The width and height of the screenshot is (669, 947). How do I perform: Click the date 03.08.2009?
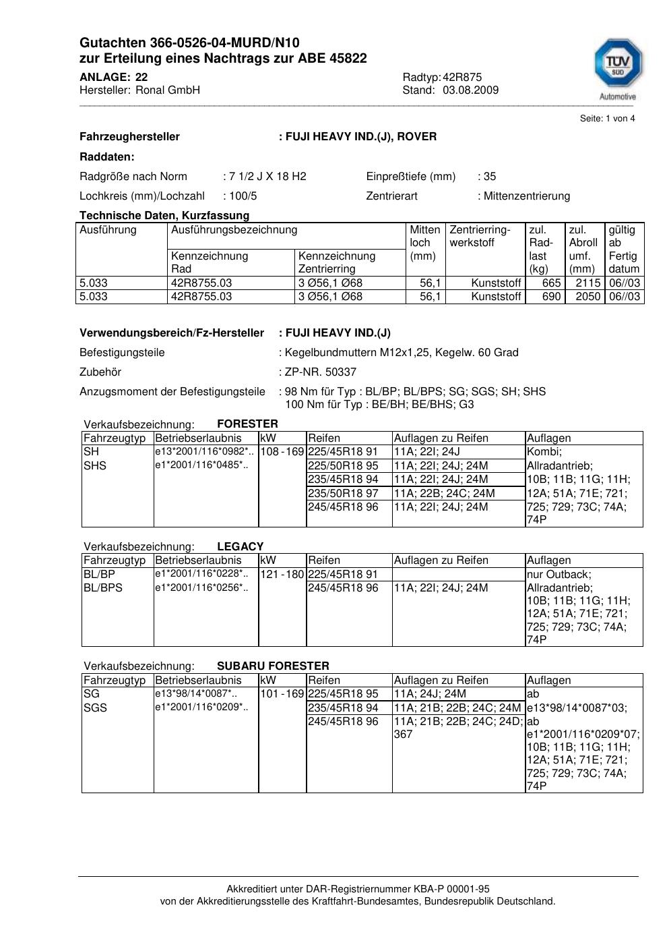[x=470, y=90]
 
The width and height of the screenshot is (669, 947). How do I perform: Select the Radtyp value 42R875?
[x=462, y=77]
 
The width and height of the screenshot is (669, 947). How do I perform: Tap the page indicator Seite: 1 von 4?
[x=607, y=119]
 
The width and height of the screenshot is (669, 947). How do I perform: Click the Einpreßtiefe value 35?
[x=490, y=177]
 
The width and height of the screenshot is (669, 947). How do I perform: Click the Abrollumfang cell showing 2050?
[x=587, y=297]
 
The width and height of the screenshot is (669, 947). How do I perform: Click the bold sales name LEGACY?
[x=241, y=546]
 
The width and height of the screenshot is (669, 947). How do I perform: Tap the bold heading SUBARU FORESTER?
[x=273, y=666]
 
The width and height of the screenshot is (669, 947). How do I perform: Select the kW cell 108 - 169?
[x=282, y=452]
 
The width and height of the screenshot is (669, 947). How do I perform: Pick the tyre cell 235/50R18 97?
[x=343, y=493]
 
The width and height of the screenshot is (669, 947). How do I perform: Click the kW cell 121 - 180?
[x=282, y=574]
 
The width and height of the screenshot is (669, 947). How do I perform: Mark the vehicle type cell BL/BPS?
[x=103, y=588]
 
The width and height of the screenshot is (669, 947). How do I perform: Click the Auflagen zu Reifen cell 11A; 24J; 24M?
[x=430, y=694]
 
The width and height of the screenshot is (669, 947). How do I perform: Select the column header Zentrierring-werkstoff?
[x=480, y=236]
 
